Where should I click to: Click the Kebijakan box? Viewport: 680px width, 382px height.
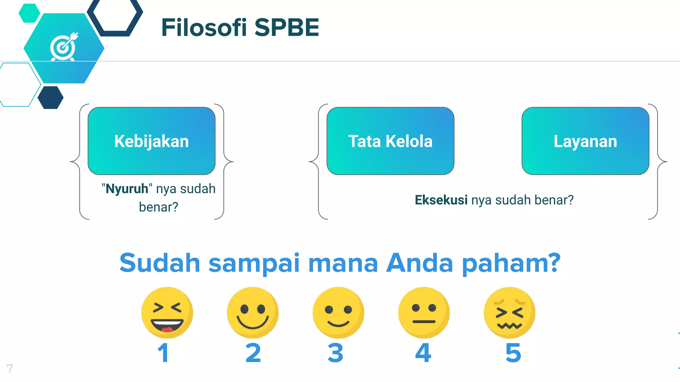click(151, 141)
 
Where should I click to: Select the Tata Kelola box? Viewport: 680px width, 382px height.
click(390, 141)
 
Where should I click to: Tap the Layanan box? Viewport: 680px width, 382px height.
click(585, 141)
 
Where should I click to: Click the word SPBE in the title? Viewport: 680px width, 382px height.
click(287, 28)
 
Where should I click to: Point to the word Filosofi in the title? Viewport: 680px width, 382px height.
click(204, 28)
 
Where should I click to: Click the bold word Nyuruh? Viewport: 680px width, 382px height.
click(127, 189)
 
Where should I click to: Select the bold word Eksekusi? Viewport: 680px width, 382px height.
click(441, 200)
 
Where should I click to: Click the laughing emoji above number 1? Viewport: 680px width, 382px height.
click(167, 312)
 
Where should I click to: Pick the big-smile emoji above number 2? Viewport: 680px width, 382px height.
click(253, 312)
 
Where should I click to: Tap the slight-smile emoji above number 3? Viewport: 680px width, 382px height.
click(338, 312)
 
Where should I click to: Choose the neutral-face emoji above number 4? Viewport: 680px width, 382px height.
click(424, 312)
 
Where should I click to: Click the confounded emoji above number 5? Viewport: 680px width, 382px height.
click(509, 312)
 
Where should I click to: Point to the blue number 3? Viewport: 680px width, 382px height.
click(335, 353)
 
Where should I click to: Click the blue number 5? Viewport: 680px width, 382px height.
click(513, 353)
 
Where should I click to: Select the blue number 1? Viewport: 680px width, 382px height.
click(163, 353)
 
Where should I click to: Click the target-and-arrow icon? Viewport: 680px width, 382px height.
click(64, 47)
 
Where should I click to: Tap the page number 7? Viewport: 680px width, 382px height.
click(10, 368)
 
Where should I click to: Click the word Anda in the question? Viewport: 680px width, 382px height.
click(420, 263)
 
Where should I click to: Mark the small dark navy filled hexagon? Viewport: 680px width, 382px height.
click(50, 97)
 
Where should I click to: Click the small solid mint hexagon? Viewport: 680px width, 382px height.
click(29, 13)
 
